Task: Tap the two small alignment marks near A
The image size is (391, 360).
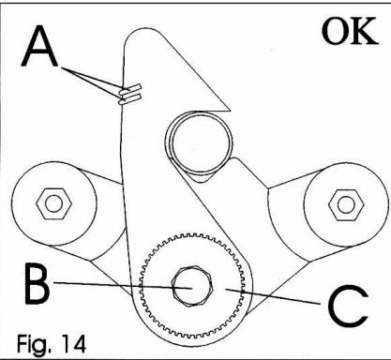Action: (x=129, y=93)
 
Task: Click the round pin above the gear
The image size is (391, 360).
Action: (x=198, y=138)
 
